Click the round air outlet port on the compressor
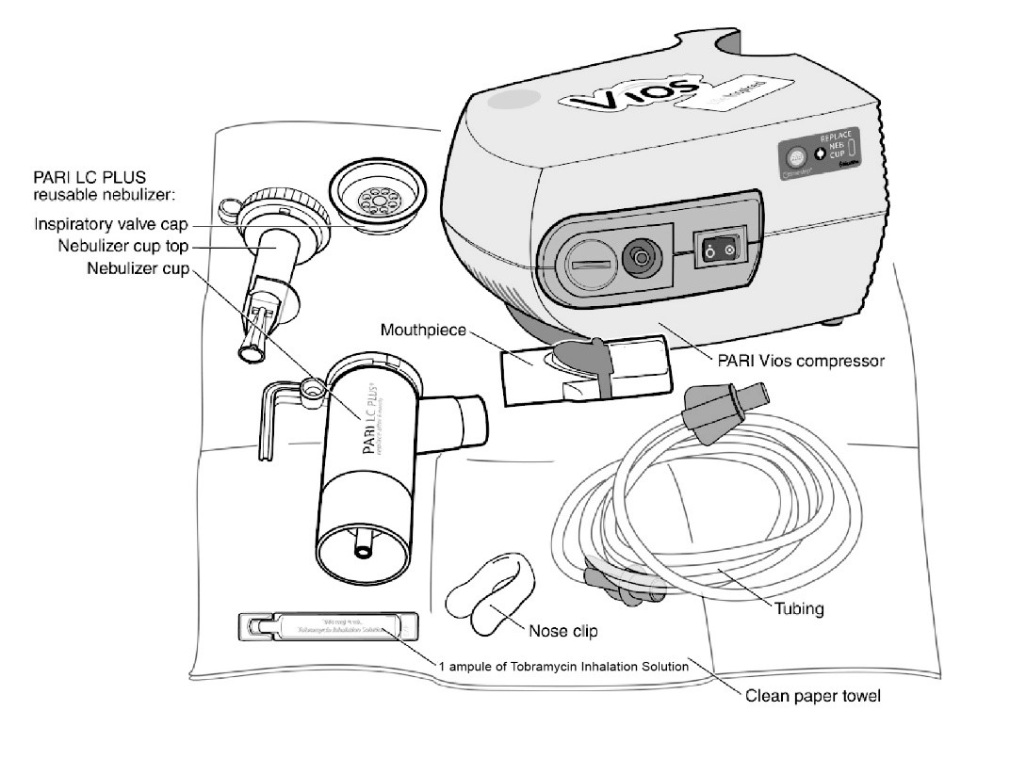pos(642,257)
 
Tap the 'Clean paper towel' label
pos(814,698)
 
